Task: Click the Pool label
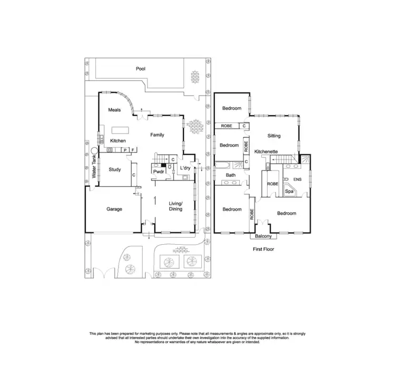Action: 140,69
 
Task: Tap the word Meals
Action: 115,110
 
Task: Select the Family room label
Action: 157,135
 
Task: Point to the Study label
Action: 115,169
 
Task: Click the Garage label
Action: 114,209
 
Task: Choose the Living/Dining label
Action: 175,206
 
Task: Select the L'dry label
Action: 185,168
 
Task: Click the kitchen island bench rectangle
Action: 120,130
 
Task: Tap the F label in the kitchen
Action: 133,150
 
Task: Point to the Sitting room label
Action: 274,136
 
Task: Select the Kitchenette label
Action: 266,151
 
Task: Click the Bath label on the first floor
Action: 231,175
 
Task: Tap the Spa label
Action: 289,192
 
